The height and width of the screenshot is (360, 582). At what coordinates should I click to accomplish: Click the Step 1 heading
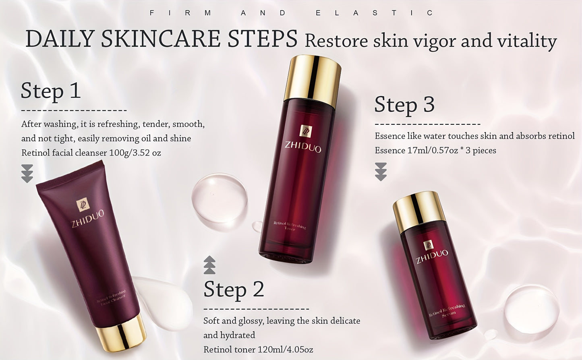[51, 91]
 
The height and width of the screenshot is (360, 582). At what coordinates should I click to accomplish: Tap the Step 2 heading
[234, 290]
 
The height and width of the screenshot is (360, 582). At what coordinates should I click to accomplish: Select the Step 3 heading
[404, 105]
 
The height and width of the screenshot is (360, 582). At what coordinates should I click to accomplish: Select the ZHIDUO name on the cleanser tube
[88, 218]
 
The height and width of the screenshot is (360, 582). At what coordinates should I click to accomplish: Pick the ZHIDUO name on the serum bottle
[432, 256]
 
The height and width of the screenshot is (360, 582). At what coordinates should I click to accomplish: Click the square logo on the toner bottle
[306, 131]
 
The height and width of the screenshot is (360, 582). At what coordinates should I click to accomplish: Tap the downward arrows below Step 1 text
[27, 174]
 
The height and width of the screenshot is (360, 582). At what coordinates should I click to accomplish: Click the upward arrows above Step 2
[209, 265]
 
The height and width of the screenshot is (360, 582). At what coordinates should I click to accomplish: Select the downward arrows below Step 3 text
[381, 172]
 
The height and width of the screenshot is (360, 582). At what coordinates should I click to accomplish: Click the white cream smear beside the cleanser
[165, 302]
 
